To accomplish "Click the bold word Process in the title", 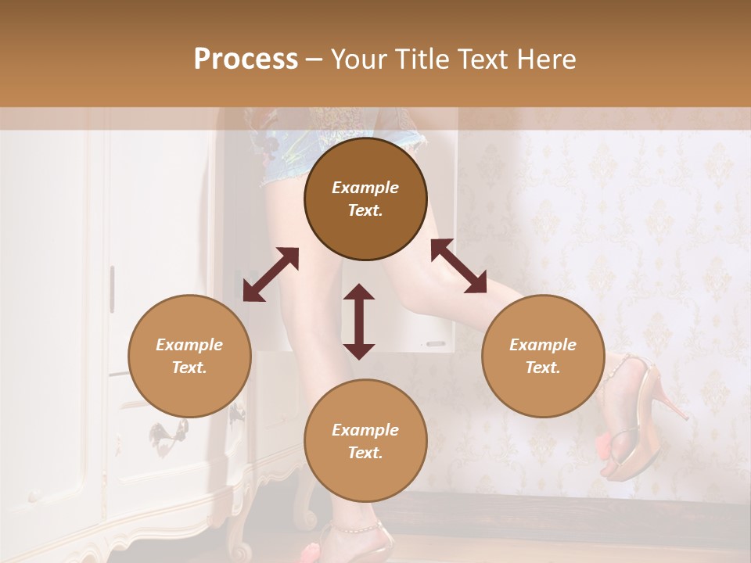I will point(246,59).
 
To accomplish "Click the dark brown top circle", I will point(365,199).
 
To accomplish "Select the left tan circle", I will point(189,357).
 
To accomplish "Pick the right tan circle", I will point(543,357).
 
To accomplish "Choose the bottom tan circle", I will point(365,441).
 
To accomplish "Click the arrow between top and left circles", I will point(271,274).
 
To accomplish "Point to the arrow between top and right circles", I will point(458,266).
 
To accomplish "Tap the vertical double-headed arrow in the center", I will point(359,321).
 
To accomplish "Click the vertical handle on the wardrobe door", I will point(112,289).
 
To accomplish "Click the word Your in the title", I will point(357,59).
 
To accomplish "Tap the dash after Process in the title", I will point(314,59).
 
